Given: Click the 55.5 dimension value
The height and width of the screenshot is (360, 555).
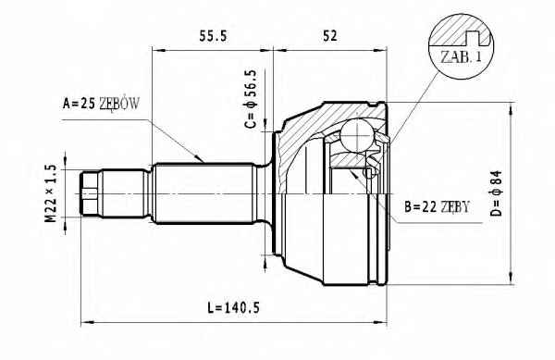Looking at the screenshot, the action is [x=213, y=36].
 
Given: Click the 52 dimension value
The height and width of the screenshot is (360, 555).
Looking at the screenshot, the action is [x=330, y=36].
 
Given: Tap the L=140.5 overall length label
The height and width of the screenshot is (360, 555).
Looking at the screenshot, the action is [x=234, y=307].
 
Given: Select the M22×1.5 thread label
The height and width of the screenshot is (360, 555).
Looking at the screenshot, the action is [x=51, y=193].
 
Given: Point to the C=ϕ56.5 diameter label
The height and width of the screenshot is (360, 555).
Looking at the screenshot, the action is [x=251, y=99].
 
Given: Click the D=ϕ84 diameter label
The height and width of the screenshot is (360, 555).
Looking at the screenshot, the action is [x=497, y=193].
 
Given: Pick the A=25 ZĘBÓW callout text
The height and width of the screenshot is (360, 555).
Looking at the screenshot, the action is [x=101, y=104].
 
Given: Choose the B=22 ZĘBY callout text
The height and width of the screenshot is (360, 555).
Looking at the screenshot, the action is [x=438, y=207].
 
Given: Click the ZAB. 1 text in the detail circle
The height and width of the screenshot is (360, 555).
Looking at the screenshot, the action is [x=462, y=57].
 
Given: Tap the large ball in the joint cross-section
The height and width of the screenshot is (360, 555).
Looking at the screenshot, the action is [x=357, y=135].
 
